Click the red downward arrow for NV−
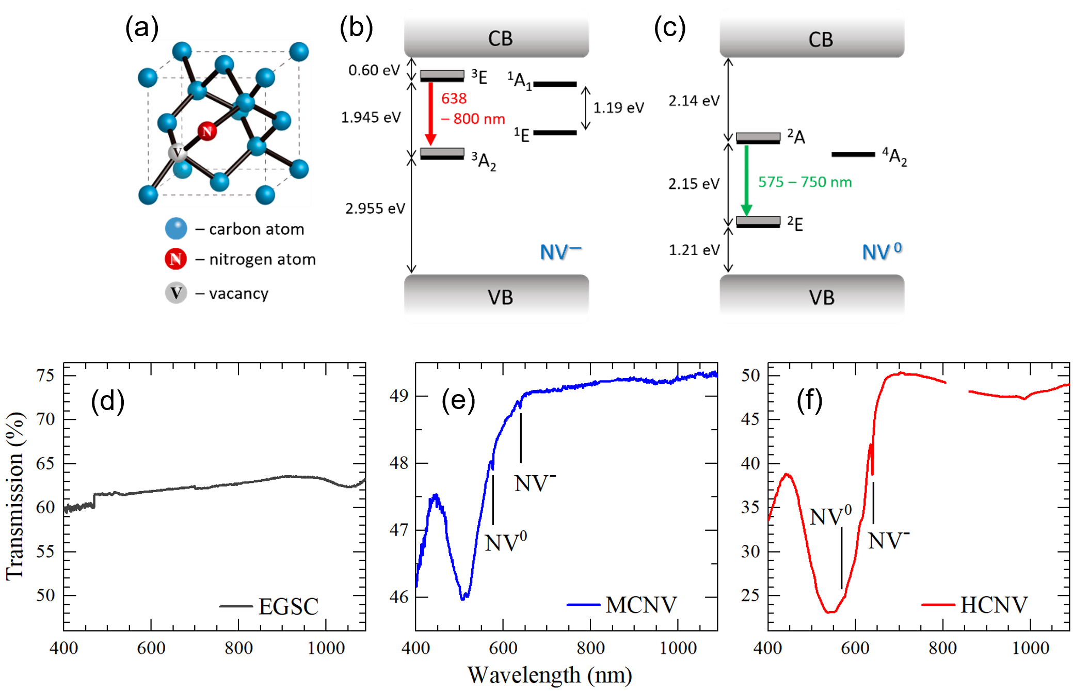point(430,114)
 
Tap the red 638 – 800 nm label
point(472,109)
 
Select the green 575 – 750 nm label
point(804,182)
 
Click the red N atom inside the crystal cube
point(207,131)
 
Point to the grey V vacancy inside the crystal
point(177,153)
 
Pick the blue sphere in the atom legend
point(176,228)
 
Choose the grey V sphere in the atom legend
point(176,293)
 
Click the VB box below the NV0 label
point(811,299)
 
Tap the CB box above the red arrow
point(496,34)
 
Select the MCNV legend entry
point(622,605)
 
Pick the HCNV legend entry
point(975,605)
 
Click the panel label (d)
point(107,401)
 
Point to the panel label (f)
point(809,400)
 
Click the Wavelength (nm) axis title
point(549,675)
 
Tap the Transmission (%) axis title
point(15,496)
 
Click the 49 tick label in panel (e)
point(398,396)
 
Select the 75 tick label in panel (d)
point(45,375)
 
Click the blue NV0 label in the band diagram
point(881,251)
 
